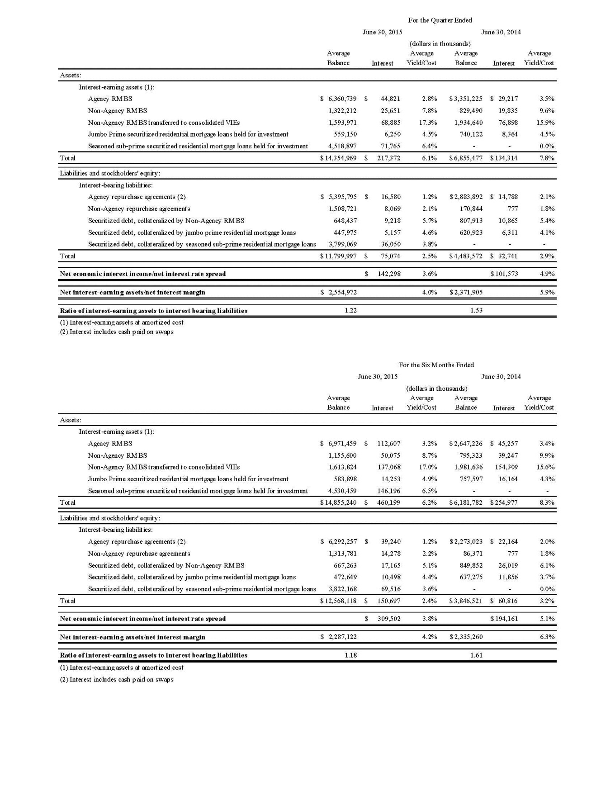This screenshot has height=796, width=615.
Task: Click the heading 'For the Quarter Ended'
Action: [440, 20]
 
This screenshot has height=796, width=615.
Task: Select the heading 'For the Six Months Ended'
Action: [436, 365]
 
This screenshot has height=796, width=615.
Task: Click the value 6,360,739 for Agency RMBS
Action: [342, 99]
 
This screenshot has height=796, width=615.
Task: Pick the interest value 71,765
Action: [390, 146]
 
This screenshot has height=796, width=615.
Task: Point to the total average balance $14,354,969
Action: [338, 158]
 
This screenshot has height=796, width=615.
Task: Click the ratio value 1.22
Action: [350, 310]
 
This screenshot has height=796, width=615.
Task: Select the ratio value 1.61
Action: [476, 655]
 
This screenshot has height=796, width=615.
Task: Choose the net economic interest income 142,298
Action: [389, 274]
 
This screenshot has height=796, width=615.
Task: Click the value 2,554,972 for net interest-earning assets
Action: [342, 292]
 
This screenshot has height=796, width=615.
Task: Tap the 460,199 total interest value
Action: [388, 502]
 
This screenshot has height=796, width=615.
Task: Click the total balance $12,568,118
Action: [338, 601]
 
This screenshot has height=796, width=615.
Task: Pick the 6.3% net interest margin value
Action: [547, 637]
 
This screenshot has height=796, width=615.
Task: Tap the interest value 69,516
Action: [390, 589]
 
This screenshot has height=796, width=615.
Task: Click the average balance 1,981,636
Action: [468, 467]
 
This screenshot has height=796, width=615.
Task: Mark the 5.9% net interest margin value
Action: [547, 292]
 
